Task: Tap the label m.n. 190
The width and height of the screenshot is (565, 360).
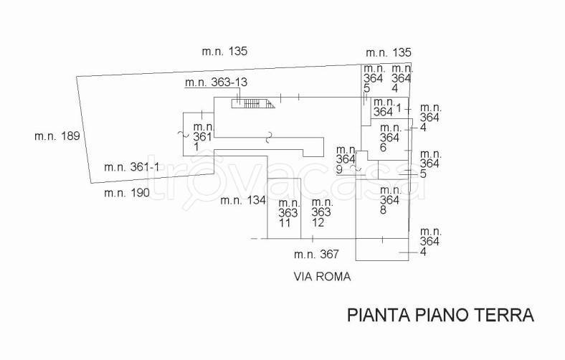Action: click(x=126, y=192)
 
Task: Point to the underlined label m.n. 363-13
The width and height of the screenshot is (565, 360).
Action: click(x=216, y=82)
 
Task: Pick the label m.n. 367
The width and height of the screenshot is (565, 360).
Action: click(x=315, y=254)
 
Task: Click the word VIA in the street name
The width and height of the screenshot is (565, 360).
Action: click(x=304, y=276)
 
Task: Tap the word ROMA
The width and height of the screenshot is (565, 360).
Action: click(x=335, y=276)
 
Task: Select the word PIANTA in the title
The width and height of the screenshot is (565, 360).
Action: click(x=379, y=315)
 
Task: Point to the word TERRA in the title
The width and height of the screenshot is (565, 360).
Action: click(x=506, y=315)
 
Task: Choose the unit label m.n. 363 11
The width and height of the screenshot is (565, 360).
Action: click(x=288, y=213)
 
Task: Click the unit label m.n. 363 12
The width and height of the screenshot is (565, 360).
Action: click(x=321, y=213)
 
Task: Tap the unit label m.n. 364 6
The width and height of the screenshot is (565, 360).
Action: click(x=389, y=137)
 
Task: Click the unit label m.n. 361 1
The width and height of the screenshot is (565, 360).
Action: click(x=203, y=136)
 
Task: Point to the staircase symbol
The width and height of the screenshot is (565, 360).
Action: click(x=253, y=103)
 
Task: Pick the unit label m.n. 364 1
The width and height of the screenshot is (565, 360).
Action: click(x=387, y=107)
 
